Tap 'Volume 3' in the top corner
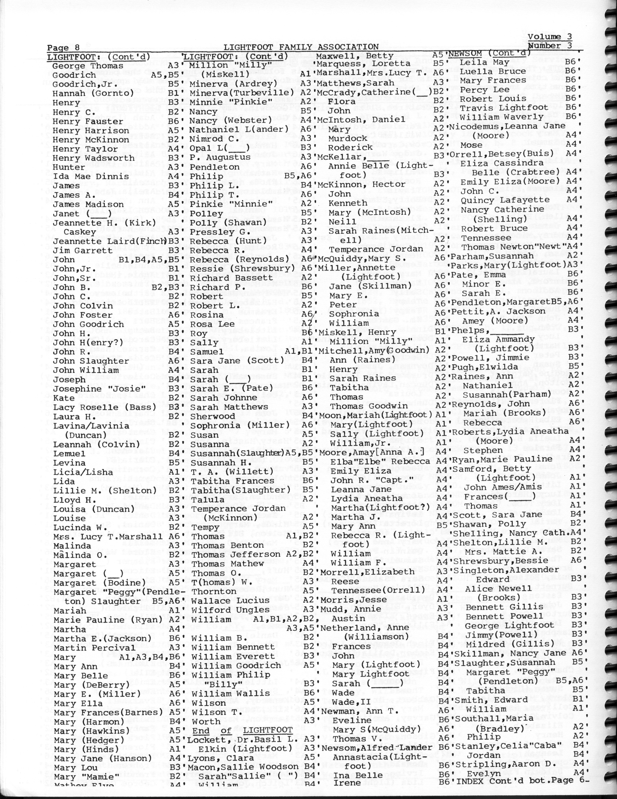pyautogui.click(x=550, y=37)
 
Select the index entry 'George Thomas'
pyautogui.click(x=88, y=66)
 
